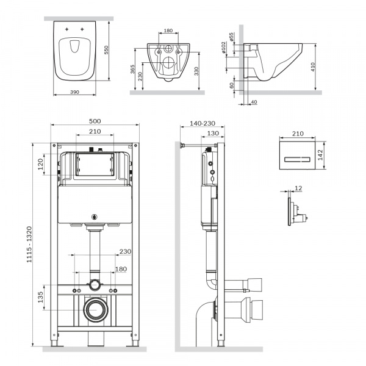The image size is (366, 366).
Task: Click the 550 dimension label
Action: [106, 50]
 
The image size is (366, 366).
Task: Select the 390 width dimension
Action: [74, 92]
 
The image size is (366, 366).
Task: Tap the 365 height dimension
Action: [132, 70]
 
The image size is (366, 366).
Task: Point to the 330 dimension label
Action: [196, 71]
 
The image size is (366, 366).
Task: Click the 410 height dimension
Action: [313, 67]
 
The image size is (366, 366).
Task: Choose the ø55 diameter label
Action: [231, 37]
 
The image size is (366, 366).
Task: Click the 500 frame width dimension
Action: [95, 121]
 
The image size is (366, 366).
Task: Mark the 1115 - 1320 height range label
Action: [29, 245]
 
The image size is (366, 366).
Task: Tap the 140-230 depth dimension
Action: [203, 123]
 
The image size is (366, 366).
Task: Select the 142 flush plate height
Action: [320, 155]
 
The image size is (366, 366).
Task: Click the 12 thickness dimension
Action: [298, 188]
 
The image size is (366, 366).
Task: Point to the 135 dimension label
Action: [41, 297]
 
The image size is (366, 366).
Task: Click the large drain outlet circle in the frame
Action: [96, 310]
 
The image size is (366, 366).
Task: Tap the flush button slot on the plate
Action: [298, 160]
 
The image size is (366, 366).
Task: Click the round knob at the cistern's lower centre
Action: [95, 217]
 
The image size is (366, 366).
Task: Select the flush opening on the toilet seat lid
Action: [74, 46]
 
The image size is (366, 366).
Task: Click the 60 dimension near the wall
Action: [232, 85]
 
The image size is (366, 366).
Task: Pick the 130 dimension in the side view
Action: [213, 133]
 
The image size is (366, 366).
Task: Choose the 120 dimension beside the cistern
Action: [40, 164]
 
